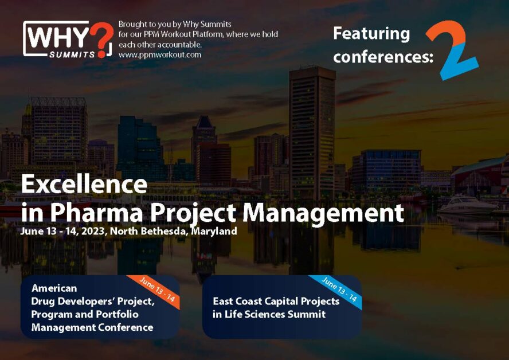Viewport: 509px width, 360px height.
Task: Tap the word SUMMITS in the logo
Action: pyautogui.click(x=72, y=54)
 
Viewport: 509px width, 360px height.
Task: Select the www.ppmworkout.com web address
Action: pyautogui.click(x=160, y=55)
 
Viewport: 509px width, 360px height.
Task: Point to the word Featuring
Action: pyautogui.click(x=371, y=34)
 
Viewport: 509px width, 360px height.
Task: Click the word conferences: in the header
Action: pyautogui.click(x=383, y=57)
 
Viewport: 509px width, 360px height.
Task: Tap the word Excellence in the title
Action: pyautogui.click(x=84, y=184)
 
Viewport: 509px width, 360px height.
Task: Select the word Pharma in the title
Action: pyautogui.click(x=96, y=213)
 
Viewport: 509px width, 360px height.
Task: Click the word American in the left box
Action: pyautogui.click(x=54, y=288)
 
